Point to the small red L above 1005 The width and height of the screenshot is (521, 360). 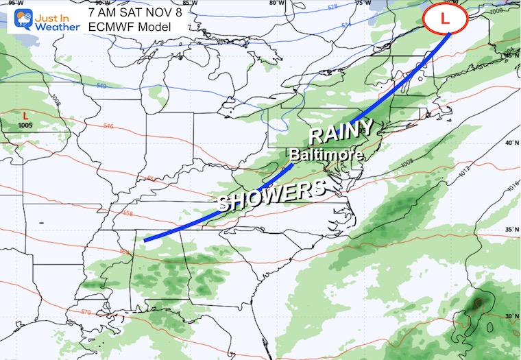pos(25,116)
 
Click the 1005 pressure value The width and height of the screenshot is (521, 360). pos(25,125)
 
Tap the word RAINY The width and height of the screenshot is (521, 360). pos(342,130)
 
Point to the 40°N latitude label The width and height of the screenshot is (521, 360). pos(511,143)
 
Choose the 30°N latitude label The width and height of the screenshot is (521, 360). pos(511,315)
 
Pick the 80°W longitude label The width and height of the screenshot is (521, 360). pos(276,3)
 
